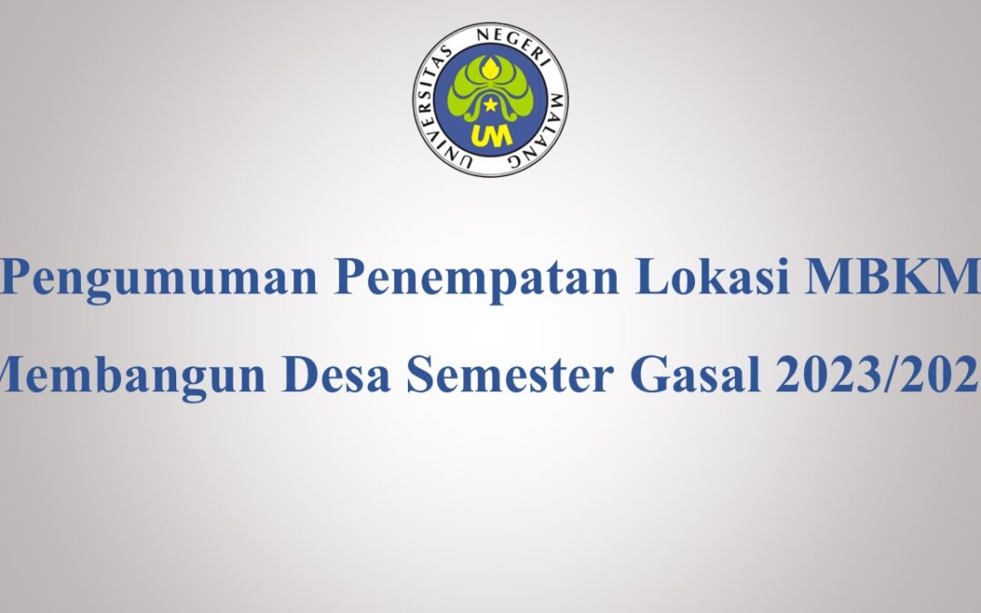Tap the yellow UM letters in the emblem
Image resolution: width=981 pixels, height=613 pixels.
click(x=490, y=134)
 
